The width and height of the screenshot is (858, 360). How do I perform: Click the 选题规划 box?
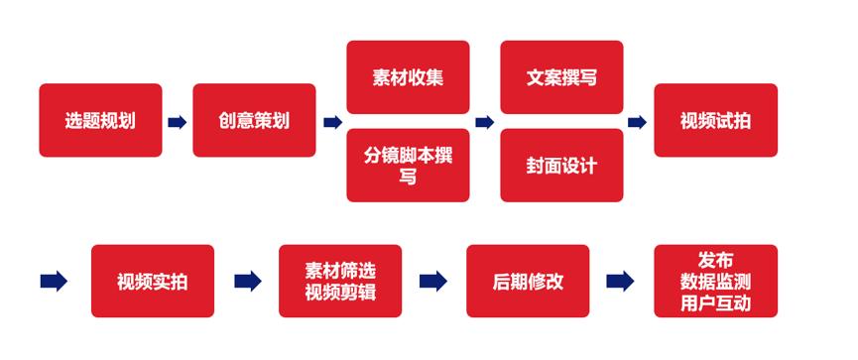click(x=100, y=120)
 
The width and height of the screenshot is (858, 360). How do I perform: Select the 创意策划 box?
click(x=254, y=120)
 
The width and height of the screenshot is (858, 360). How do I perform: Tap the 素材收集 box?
click(x=408, y=77)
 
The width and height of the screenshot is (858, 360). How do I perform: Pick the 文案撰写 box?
click(x=561, y=77)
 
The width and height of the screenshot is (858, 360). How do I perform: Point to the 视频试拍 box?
click(x=715, y=120)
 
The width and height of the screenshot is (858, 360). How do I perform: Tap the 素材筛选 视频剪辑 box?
click(x=340, y=281)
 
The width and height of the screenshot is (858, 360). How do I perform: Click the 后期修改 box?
click(x=528, y=281)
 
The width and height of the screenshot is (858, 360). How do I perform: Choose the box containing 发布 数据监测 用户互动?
click(x=715, y=281)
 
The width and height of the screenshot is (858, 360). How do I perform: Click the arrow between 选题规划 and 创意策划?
click(x=177, y=122)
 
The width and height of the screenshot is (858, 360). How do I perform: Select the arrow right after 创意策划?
click(x=331, y=122)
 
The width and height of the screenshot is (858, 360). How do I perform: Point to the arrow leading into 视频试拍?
click(x=638, y=122)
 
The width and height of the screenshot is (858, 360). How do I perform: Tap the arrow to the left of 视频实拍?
click(x=54, y=282)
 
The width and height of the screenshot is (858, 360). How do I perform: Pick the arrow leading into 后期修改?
click(x=433, y=282)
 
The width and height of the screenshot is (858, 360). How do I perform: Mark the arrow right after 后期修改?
click(x=621, y=282)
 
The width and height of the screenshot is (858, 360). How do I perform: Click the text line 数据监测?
click(x=715, y=282)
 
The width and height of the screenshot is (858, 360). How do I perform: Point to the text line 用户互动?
click(x=715, y=301)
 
